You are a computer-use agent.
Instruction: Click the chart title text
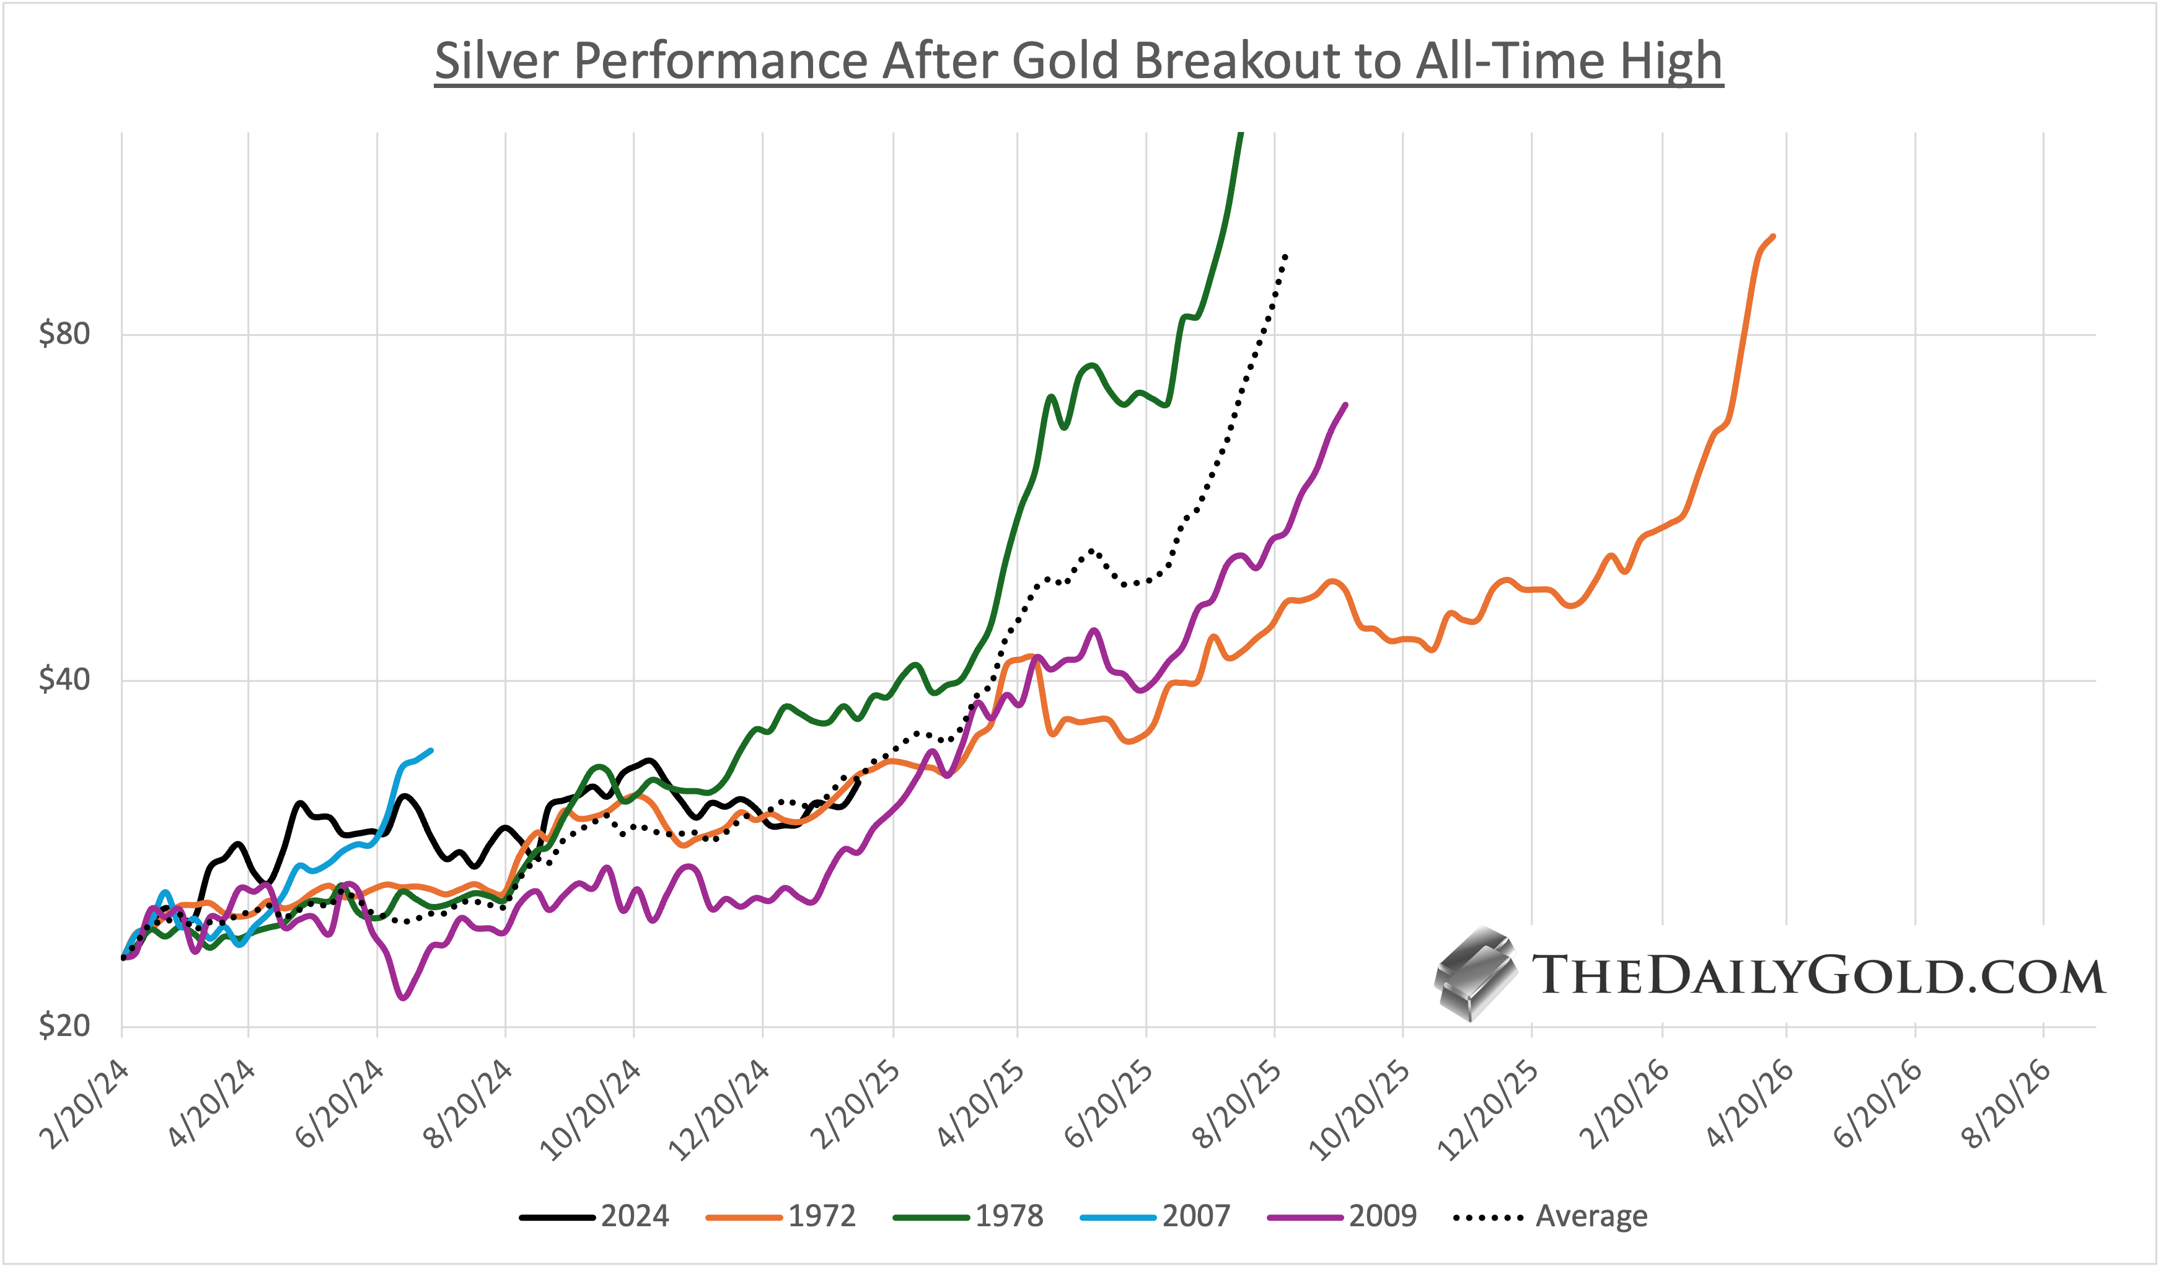(x=1079, y=62)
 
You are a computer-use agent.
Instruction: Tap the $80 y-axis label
(x=64, y=333)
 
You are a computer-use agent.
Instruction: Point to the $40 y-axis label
(x=64, y=680)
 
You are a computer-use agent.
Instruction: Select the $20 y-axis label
(x=64, y=1025)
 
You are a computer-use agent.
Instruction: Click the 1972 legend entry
(x=781, y=1216)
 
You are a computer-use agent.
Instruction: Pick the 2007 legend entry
(x=1155, y=1216)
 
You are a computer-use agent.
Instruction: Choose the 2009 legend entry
(x=1342, y=1216)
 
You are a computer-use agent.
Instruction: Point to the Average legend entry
(x=1551, y=1216)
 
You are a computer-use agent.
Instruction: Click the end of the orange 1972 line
(x=1772, y=237)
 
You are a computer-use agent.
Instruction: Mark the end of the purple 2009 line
(x=1345, y=405)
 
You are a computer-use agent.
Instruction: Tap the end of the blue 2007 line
(x=431, y=750)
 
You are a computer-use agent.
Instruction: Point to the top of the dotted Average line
(x=1285, y=255)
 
